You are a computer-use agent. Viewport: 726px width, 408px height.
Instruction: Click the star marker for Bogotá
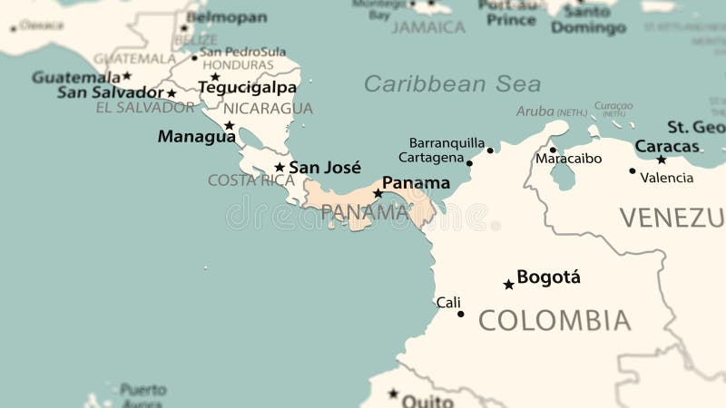point(508,285)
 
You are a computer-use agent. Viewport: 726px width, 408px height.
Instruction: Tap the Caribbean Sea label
point(452,84)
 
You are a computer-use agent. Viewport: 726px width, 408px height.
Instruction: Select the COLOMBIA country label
point(554,320)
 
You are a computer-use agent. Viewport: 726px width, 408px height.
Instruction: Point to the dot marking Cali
point(460,314)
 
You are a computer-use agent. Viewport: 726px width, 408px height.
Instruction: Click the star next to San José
point(280,168)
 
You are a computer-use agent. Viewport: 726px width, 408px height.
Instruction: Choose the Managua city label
point(196,137)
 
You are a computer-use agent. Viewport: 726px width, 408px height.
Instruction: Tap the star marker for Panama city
point(378,193)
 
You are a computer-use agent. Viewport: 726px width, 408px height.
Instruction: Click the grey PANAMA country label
point(365,212)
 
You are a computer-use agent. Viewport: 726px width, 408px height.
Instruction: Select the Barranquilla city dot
point(490,150)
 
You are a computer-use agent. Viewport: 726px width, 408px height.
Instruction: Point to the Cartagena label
point(431,158)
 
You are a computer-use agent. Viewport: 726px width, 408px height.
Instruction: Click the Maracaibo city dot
point(553,150)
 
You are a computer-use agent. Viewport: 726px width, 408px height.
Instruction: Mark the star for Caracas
point(662,160)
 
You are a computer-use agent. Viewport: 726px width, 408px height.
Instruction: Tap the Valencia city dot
point(633,170)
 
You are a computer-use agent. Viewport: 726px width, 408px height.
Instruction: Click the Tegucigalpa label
point(247,88)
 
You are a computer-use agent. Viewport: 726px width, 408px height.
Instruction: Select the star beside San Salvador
point(172,93)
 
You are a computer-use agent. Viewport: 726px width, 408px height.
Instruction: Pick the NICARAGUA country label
point(268,109)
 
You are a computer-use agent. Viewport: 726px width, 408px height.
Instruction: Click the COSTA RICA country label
point(251,180)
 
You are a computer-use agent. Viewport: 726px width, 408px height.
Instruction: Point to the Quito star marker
point(393,393)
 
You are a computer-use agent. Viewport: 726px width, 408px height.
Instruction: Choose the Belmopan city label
point(227,17)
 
